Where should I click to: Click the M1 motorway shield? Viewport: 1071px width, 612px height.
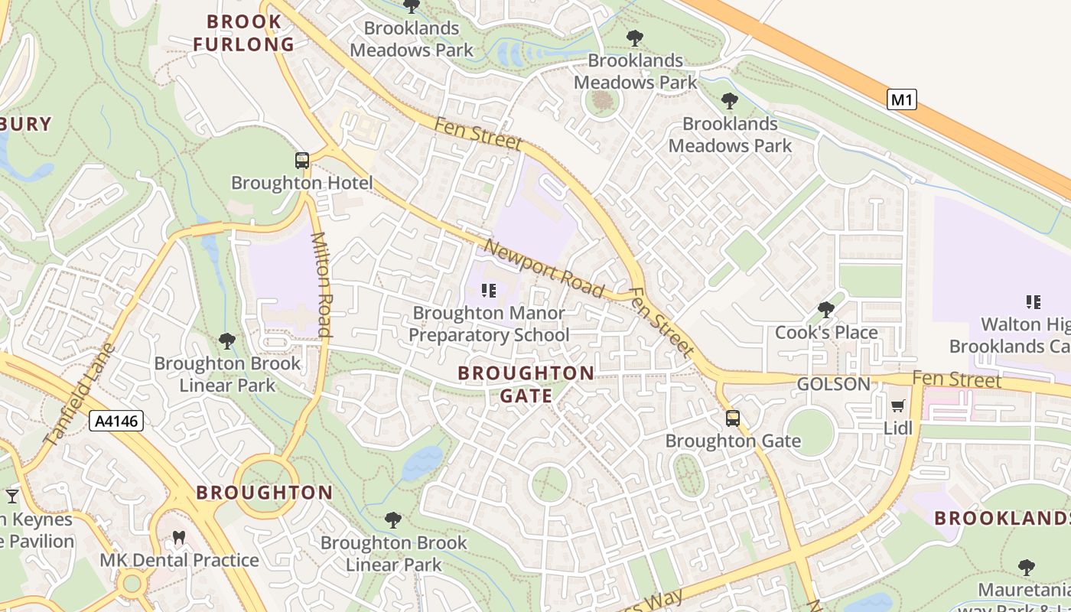coord(902,99)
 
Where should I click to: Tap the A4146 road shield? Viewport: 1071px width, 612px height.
coord(116,420)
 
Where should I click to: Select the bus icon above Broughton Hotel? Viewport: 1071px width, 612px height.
coord(302,161)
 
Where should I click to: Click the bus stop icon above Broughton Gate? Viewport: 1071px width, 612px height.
coord(733,418)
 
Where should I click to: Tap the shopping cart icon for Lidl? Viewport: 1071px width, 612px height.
coord(898,405)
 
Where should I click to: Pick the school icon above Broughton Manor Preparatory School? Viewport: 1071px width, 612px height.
coord(488,291)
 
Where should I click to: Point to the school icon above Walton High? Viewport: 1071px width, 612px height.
coord(1033,302)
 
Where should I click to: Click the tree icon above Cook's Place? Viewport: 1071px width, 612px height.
coord(826,310)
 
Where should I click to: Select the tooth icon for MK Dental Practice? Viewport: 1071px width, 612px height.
coord(179,538)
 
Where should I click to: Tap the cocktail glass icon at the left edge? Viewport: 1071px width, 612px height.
coord(11,496)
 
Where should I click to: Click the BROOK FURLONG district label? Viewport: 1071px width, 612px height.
coord(244,33)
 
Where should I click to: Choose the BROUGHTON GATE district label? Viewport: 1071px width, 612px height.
coord(526,384)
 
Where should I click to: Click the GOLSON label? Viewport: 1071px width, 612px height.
coord(834,384)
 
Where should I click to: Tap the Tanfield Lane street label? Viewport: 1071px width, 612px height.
coord(79,395)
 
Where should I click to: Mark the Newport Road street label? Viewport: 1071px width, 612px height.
coord(545,269)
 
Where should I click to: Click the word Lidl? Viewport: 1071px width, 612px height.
coord(898,428)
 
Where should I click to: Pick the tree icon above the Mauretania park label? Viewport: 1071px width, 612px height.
coord(1027,567)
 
